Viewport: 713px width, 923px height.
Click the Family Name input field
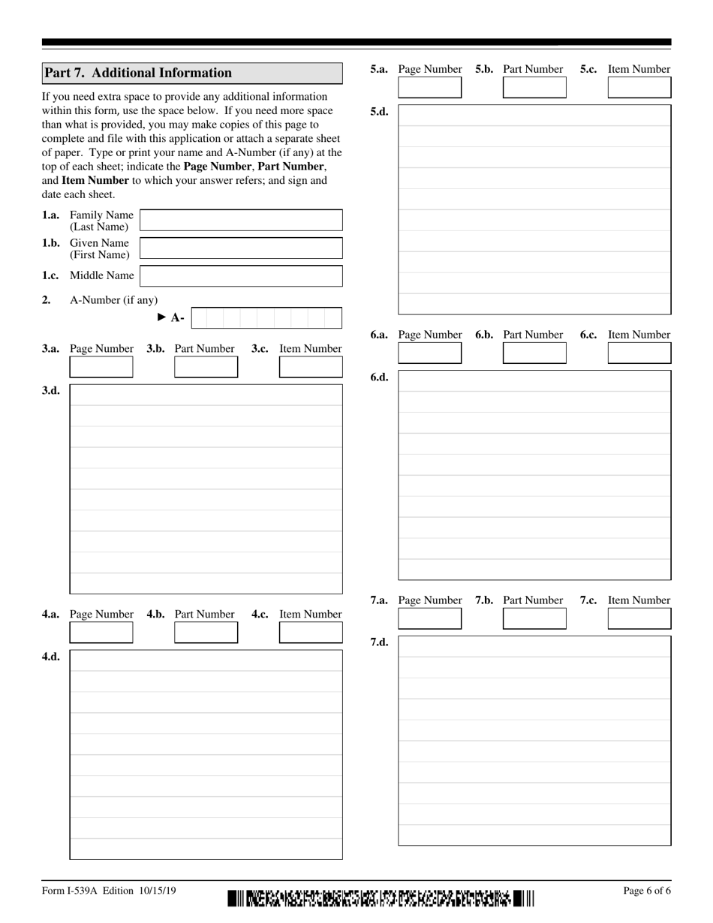click(x=241, y=220)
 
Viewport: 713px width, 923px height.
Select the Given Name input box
click(x=241, y=248)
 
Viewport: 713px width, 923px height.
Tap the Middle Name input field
click(x=241, y=275)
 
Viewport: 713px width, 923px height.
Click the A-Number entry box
click(x=266, y=318)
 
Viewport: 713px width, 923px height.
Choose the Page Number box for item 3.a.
click(x=101, y=367)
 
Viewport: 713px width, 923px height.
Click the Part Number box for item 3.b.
click(x=206, y=367)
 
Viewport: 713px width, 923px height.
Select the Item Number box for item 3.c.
click(x=311, y=367)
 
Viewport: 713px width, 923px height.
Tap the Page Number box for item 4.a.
click(x=101, y=633)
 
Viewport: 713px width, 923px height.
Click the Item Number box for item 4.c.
click(x=311, y=633)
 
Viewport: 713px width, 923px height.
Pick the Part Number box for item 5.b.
click(x=534, y=88)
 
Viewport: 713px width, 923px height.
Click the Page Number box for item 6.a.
click(x=430, y=353)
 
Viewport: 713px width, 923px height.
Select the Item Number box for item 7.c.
click(x=639, y=619)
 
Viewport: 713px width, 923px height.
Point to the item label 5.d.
click(x=379, y=112)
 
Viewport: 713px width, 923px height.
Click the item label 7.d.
click(x=379, y=643)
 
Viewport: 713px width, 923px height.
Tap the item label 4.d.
click(x=51, y=657)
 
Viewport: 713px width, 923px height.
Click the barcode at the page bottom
click(x=381, y=897)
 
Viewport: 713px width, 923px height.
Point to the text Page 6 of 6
click(x=647, y=891)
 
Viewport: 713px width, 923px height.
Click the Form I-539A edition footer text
click(x=110, y=891)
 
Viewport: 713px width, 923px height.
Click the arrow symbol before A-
click(x=161, y=317)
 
